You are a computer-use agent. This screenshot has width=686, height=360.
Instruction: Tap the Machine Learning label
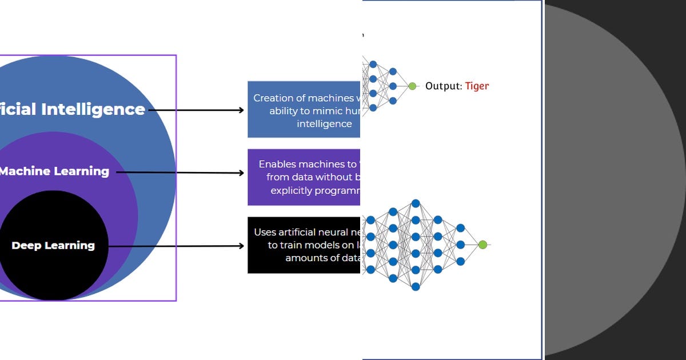click(x=55, y=171)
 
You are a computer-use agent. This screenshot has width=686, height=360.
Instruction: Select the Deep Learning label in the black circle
click(x=53, y=246)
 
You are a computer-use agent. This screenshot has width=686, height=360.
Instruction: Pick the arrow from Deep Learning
click(x=177, y=246)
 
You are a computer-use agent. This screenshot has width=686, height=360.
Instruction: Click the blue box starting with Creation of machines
click(x=304, y=109)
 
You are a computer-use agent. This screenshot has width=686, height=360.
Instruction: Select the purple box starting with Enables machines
click(x=304, y=177)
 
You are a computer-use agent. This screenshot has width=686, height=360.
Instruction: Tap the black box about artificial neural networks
click(x=304, y=245)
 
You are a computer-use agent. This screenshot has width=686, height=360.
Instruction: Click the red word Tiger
click(x=477, y=86)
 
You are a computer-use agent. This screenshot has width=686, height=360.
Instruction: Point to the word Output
click(x=442, y=86)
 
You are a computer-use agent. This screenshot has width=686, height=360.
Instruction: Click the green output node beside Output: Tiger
click(x=412, y=86)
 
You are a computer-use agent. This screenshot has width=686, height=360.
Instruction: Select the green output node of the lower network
click(x=482, y=245)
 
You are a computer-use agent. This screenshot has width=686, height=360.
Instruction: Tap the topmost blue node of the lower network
click(x=416, y=203)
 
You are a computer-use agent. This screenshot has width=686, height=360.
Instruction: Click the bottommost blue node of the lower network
click(x=416, y=287)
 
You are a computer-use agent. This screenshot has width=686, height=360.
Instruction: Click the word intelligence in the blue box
click(x=324, y=124)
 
